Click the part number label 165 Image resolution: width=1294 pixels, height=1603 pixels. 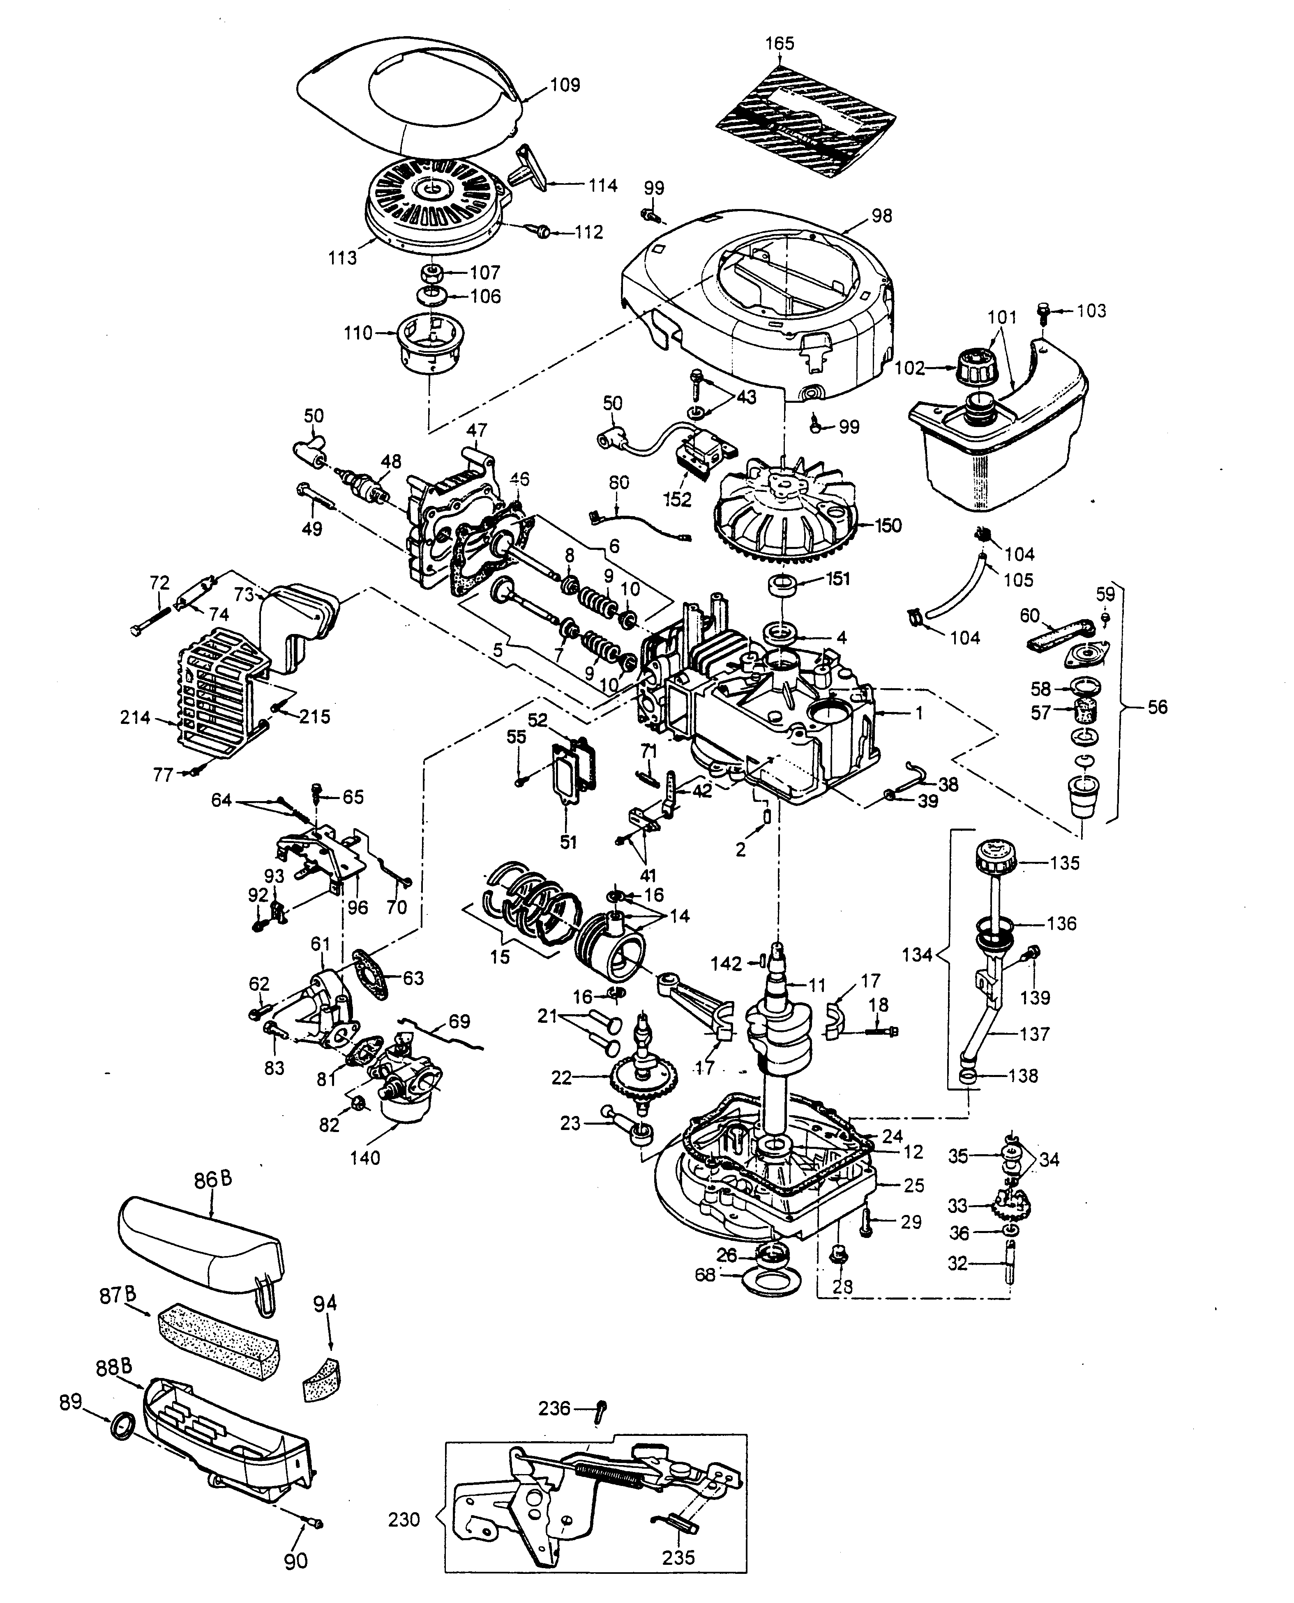click(780, 43)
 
